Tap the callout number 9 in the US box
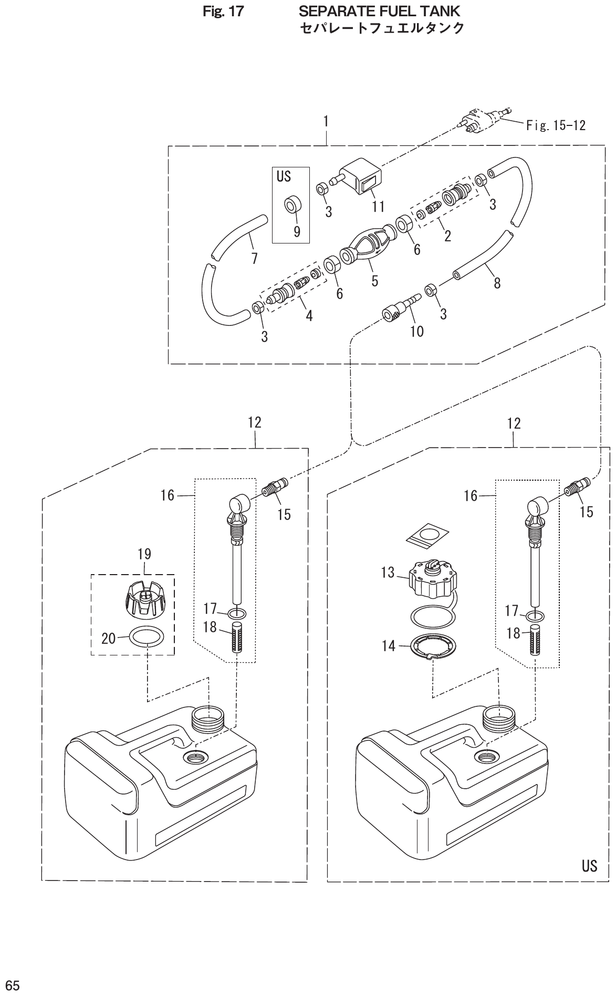(x=297, y=231)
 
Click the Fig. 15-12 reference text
(x=556, y=125)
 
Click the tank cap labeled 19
(x=144, y=598)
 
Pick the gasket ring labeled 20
(x=147, y=638)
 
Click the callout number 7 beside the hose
(x=254, y=259)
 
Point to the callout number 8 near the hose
(x=497, y=283)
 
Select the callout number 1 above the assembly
(x=326, y=121)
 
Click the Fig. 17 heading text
(x=224, y=11)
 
